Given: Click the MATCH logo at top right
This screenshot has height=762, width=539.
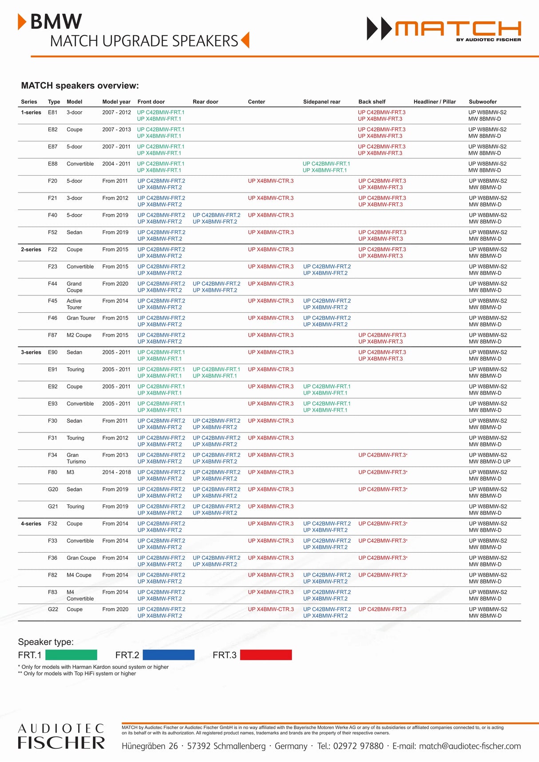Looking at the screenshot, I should pos(444,29).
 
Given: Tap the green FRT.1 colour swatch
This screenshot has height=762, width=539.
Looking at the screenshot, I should pos(71,655).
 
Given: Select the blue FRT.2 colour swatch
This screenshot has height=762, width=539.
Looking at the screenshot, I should pos(168,655).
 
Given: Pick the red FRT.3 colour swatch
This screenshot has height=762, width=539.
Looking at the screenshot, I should pos(266,655).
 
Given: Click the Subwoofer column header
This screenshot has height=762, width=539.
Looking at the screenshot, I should pos(483,102).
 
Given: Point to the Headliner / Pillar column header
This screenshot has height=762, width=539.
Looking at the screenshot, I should pos(435,102).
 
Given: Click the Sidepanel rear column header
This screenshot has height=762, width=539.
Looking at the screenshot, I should pos(321,102).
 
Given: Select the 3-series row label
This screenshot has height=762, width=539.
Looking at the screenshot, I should pos(31,352).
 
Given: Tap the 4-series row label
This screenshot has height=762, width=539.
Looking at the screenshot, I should pos(31,523).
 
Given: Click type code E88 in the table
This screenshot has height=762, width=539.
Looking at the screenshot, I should pos(53,164).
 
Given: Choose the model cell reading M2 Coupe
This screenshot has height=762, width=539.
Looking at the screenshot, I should pos(79,335).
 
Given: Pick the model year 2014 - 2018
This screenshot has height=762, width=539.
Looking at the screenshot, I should pos(116,472).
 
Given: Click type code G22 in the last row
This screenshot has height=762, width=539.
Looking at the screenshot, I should pos(53,609).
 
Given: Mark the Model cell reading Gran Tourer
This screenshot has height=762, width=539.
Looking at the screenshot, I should pos(81,318).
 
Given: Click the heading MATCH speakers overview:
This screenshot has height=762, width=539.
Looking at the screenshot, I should pos(80,86).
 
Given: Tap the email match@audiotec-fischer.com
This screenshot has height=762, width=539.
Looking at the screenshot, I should pos(470,746).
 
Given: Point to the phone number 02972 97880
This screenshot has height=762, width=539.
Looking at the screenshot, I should pos(358,746).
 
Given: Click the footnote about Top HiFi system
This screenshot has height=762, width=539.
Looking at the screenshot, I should pos(77,673).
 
